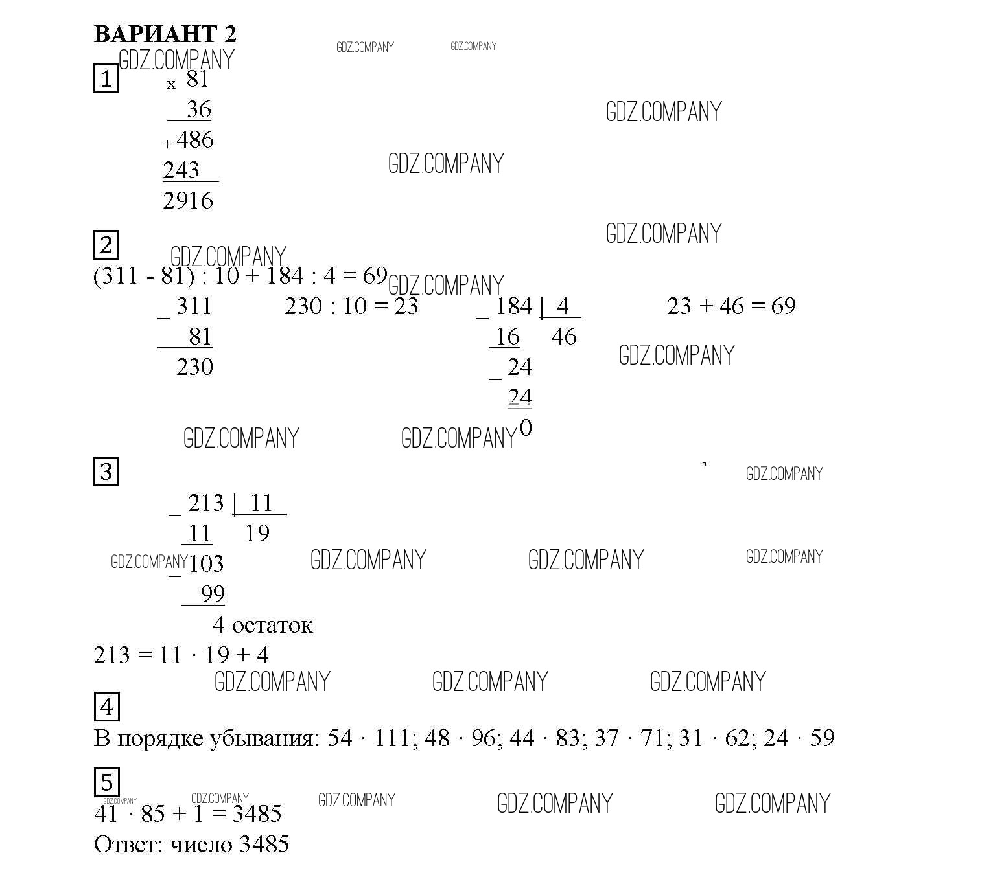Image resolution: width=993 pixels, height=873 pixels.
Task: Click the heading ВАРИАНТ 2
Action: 165,34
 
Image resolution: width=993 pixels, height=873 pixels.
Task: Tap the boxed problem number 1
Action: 106,78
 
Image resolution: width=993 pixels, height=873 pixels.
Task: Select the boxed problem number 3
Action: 106,471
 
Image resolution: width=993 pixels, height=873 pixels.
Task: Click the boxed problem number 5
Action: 106,782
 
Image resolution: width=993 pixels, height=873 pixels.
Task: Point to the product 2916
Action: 188,201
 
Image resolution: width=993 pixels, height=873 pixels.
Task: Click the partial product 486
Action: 195,139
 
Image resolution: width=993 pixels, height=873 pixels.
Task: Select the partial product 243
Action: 181,170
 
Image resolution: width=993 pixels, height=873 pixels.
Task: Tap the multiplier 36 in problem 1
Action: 199,109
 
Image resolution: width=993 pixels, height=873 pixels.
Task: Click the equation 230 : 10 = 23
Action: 351,306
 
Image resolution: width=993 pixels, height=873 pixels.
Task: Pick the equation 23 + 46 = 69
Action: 731,306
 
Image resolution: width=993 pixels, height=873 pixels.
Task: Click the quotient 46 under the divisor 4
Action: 564,336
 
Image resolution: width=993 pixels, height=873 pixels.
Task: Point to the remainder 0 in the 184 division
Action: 526,428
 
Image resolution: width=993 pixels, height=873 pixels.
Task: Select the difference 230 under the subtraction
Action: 194,367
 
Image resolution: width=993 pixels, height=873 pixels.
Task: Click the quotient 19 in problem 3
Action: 257,533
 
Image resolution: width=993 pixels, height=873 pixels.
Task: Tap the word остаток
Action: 272,626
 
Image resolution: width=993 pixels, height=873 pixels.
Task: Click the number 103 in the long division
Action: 206,563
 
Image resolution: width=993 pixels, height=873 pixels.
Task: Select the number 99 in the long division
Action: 213,594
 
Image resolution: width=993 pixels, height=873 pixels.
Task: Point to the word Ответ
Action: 128,844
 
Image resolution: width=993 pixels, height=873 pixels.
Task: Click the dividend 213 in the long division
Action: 206,503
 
